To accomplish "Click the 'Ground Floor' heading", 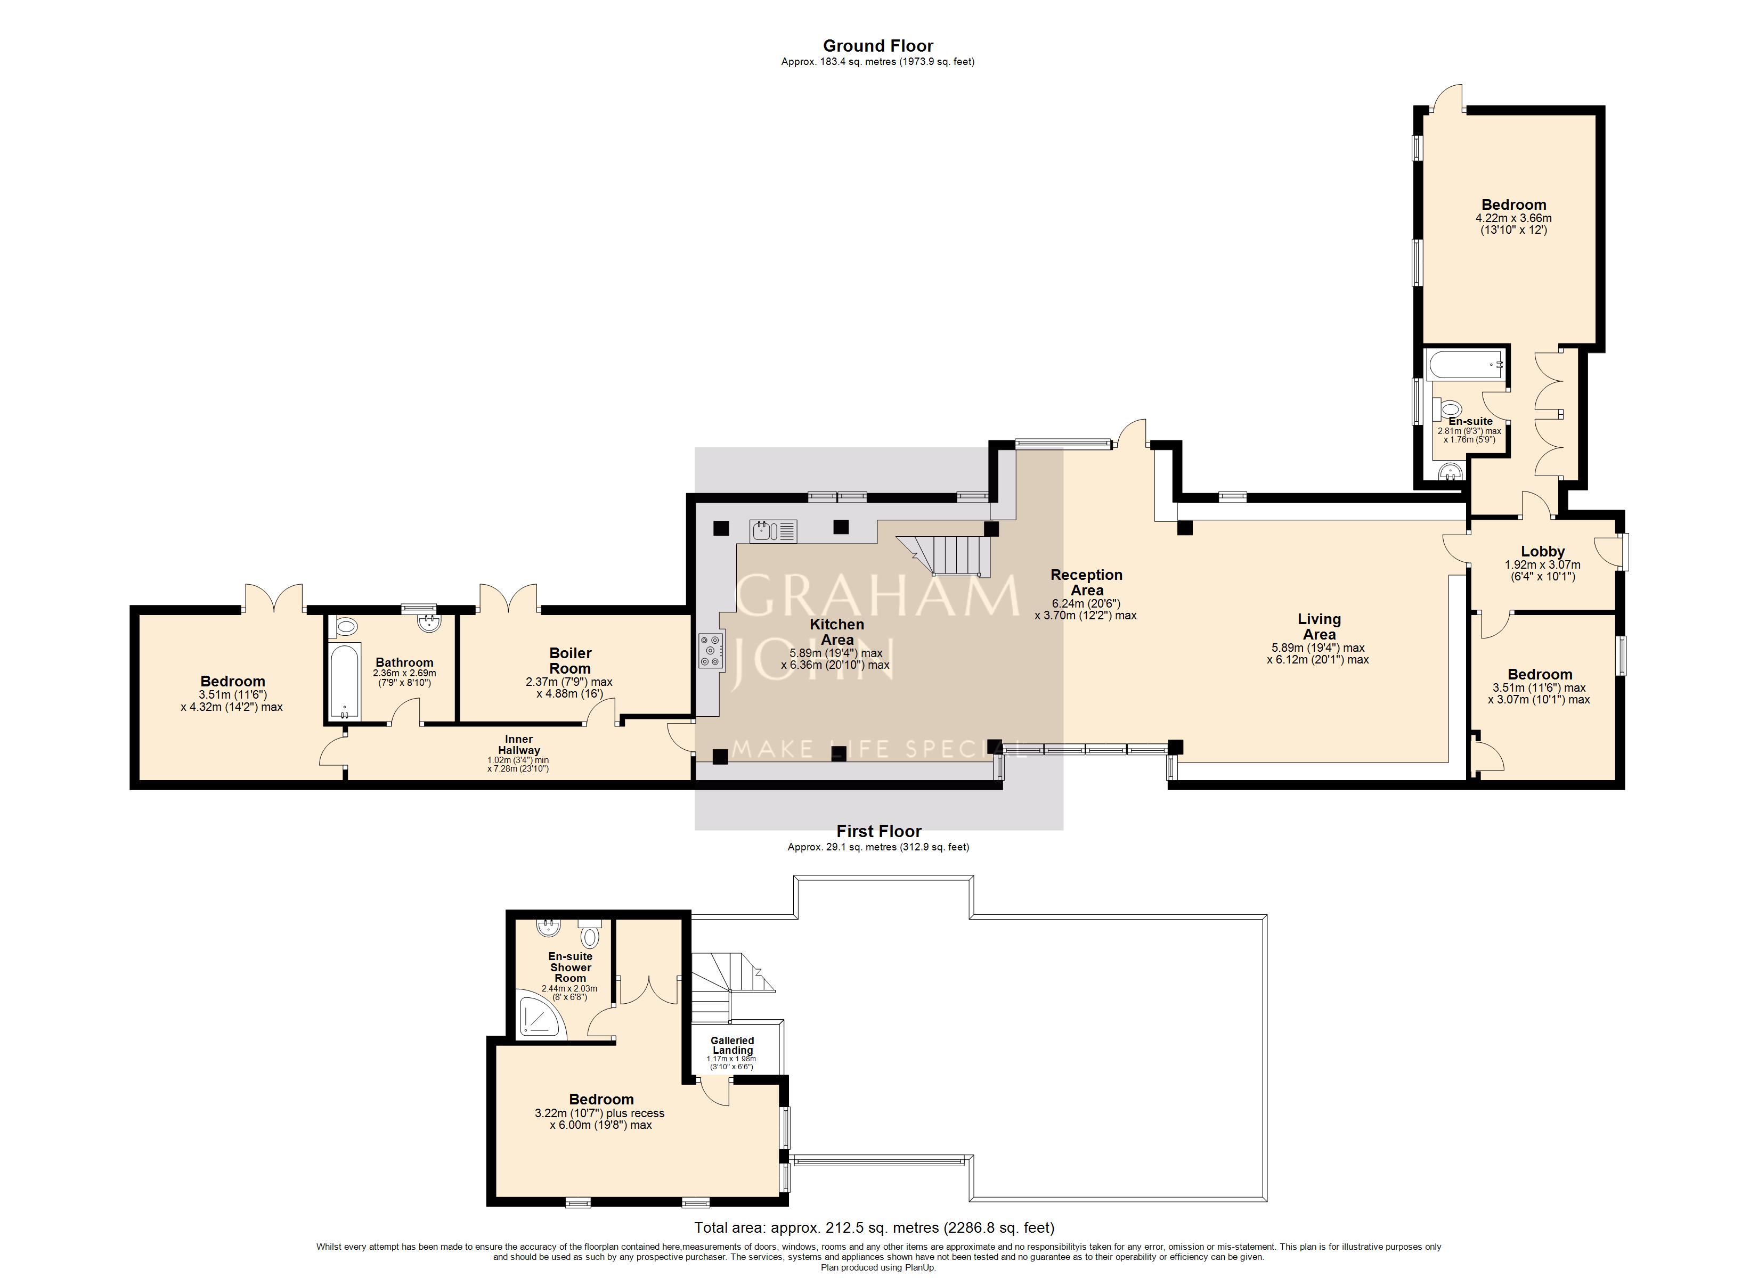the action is tap(878, 46).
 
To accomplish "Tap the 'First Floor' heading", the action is tap(879, 832).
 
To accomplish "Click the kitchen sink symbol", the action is tap(773, 531).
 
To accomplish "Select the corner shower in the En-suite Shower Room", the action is tap(542, 1018).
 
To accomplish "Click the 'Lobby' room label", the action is tap(1543, 552).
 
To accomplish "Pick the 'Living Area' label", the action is tap(1319, 627).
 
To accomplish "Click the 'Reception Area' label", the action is tap(1087, 583).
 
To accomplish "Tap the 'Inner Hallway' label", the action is tap(518, 745).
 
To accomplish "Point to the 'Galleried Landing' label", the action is tap(732, 1045).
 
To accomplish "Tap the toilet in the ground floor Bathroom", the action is tap(346, 626).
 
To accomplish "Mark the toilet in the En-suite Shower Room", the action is tap(590, 933).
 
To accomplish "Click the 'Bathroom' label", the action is tap(405, 662).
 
